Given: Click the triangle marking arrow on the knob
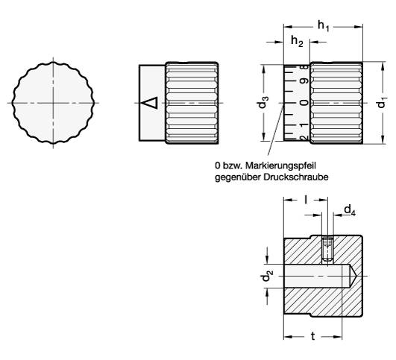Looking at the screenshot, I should pos(151,102).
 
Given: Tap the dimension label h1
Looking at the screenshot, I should pos(323,25).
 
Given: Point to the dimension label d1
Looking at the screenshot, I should pos(381,102).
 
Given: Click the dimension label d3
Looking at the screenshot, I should pos(263,102).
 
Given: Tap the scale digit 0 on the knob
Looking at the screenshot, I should pos(303,102).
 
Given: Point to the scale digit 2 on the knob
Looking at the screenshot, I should pos(303,136).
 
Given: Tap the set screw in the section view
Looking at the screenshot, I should pos(327,247).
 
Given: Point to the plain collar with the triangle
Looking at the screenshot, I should pos(153,102).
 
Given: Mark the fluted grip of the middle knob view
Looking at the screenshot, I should pos(192,102).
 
